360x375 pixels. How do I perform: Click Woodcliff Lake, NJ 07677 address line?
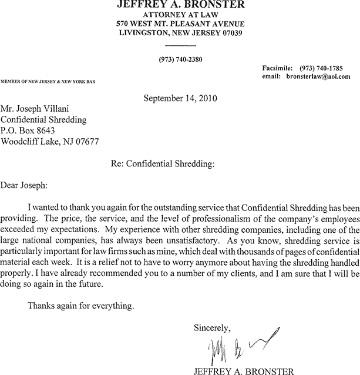(50, 141)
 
